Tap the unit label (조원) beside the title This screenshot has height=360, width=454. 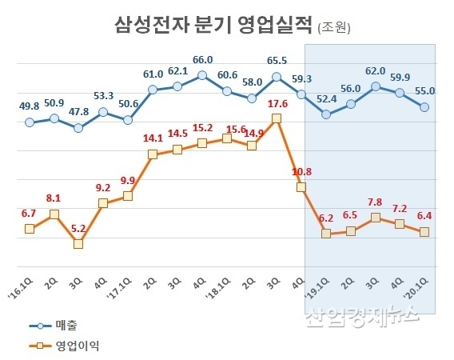click(x=334, y=27)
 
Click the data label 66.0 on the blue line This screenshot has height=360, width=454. click(x=202, y=60)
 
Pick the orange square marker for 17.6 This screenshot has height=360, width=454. click(x=277, y=118)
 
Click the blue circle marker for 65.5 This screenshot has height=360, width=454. click(x=277, y=78)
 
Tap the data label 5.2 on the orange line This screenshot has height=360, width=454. click(x=78, y=228)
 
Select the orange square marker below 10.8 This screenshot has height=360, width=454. click(x=301, y=187)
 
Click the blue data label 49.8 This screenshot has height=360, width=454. click(x=29, y=106)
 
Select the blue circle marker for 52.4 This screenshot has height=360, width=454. click(x=326, y=114)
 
